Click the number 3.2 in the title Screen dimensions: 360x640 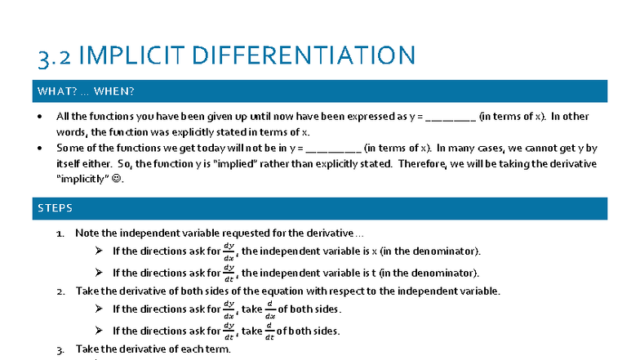click(x=57, y=56)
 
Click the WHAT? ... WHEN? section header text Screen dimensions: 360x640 click(x=86, y=91)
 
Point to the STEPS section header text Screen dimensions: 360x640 click(x=55, y=209)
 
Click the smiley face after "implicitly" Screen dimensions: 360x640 click(x=118, y=180)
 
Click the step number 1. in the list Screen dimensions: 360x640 click(x=60, y=233)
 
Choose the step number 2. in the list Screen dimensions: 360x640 click(x=60, y=291)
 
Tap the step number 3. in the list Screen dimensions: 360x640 click(x=60, y=349)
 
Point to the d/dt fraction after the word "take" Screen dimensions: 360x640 click(x=269, y=331)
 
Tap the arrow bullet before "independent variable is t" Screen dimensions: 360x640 click(x=99, y=272)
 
